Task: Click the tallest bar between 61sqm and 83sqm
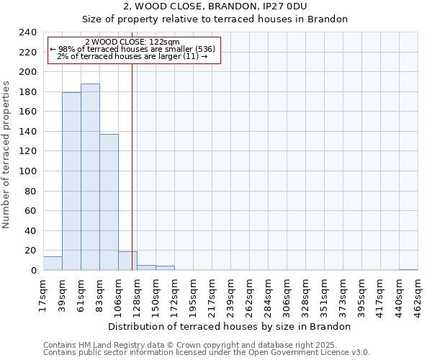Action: (90, 177)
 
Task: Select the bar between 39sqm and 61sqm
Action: (71, 181)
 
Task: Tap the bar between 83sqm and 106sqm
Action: (109, 202)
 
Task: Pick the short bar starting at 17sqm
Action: (53, 264)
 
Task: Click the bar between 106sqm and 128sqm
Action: (127, 261)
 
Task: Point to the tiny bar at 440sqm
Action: (408, 269)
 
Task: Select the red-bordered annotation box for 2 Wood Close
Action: (132, 50)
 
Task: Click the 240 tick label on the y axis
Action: (27, 32)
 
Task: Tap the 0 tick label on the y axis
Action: (34, 271)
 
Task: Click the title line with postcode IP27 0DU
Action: (215, 6)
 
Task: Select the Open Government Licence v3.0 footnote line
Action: (207, 353)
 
